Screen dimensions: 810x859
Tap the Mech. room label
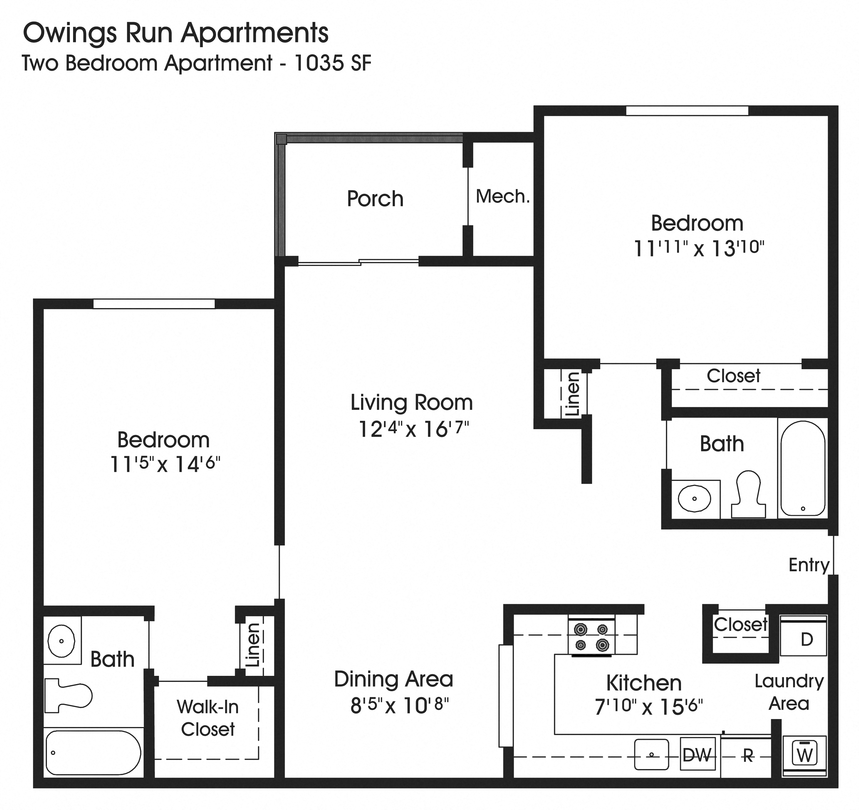point(502,197)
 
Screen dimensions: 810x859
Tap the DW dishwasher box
point(697,755)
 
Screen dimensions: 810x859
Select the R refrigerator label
point(748,755)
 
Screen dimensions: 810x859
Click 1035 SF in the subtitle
point(332,63)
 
